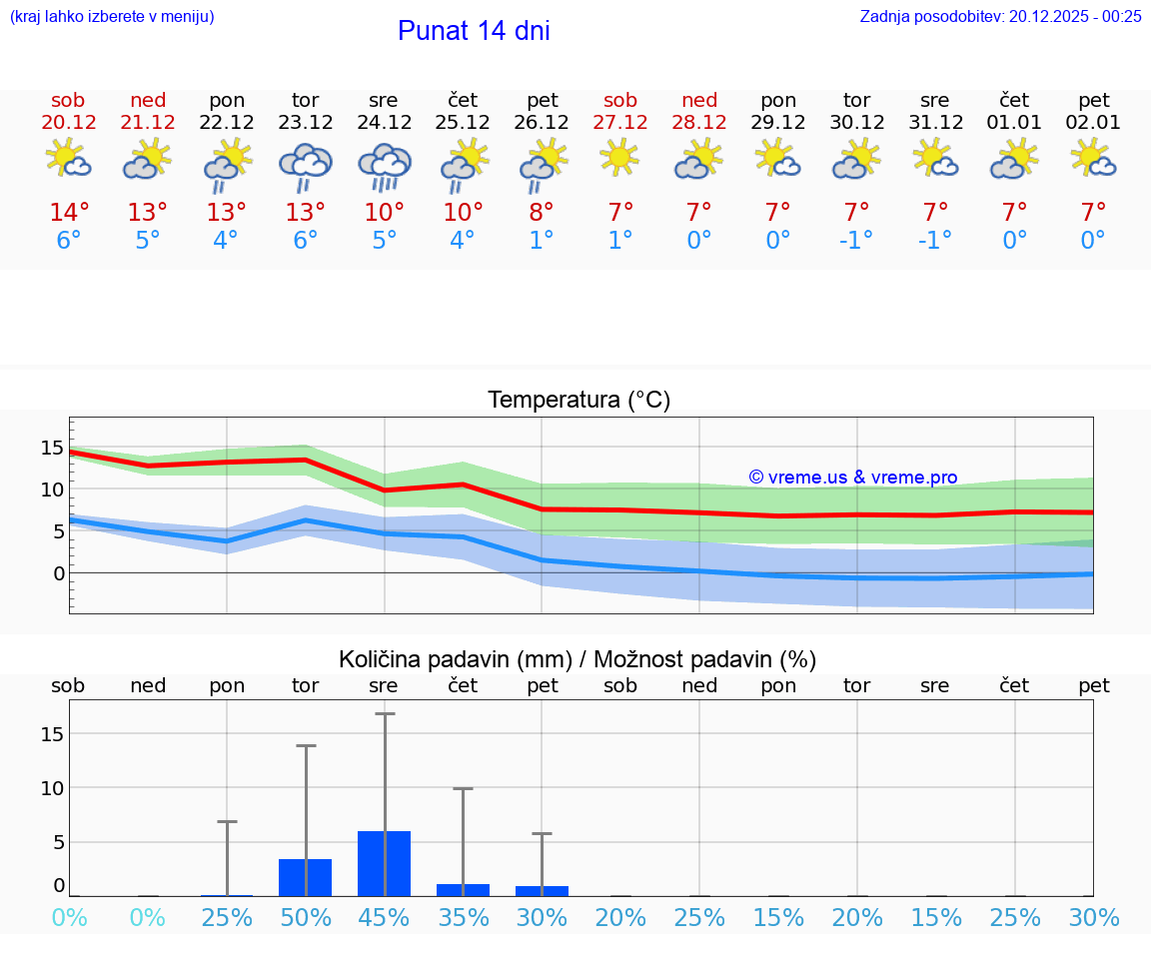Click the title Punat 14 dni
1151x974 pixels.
[x=474, y=31]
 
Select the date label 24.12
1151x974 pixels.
[x=384, y=123]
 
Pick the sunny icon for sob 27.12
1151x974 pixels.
[x=619, y=157]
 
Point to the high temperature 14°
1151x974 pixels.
[x=69, y=213]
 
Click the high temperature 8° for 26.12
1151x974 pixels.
[x=542, y=213]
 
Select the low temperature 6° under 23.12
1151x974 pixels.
[x=305, y=241]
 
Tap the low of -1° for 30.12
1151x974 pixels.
[x=856, y=241]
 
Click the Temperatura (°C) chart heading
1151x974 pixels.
[x=578, y=401]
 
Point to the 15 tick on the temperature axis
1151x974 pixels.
[x=52, y=448]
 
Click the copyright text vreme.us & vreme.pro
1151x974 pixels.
[x=853, y=478]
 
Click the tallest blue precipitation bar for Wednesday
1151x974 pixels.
[x=384, y=863]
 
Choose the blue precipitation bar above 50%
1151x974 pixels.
[x=305, y=877]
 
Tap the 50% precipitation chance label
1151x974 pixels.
[x=305, y=917]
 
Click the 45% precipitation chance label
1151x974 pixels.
[x=384, y=917]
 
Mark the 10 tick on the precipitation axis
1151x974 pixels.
[x=52, y=787]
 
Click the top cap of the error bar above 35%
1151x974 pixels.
[x=463, y=789]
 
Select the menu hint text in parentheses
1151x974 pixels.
[x=112, y=16]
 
